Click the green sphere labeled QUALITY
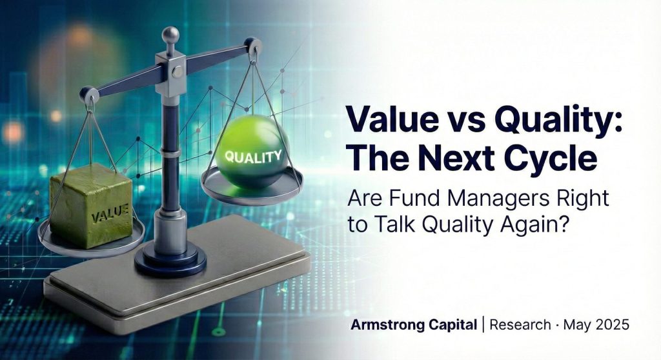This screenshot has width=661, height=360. point(252,152)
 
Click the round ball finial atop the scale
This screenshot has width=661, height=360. point(170,35)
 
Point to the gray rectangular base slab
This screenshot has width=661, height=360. point(177,278)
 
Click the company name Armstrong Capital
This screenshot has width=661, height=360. point(414,325)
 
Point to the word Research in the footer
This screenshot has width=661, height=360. point(520,325)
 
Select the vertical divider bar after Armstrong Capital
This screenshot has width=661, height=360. point(483,325)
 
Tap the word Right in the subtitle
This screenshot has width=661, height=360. point(586,199)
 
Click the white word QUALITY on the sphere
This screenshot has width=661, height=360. point(252,157)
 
